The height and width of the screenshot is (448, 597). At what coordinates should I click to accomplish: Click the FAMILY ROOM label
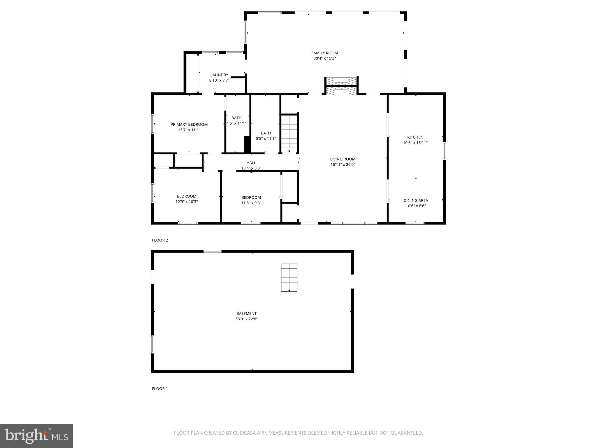(324, 53)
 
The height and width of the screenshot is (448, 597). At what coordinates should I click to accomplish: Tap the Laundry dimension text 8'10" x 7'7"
(219, 80)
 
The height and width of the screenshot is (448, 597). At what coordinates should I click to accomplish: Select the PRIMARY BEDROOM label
(189, 125)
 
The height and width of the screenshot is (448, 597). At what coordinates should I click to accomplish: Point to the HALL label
(251, 163)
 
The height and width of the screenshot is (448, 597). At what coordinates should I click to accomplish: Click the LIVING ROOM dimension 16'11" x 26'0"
(343, 164)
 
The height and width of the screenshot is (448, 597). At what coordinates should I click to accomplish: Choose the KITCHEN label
(415, 137)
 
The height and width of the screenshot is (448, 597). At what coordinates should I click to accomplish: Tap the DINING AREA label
(416, 200)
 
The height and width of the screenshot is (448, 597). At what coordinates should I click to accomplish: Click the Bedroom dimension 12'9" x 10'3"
(187, 202)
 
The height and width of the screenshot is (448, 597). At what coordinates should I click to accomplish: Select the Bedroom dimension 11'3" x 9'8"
(251, 203)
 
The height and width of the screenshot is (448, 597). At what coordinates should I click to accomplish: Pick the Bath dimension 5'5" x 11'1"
(266, 139)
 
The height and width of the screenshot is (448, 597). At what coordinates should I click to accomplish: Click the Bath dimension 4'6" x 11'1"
(237, 123)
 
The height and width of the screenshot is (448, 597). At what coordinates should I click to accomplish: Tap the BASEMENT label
(246, 314)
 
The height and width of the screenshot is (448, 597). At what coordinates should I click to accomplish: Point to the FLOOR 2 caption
(160, 240)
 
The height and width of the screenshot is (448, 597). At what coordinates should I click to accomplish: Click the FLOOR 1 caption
(160, 388)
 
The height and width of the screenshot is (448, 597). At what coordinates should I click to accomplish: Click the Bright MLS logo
(36, 436)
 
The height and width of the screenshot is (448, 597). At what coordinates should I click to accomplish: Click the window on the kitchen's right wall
(444, 151)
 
